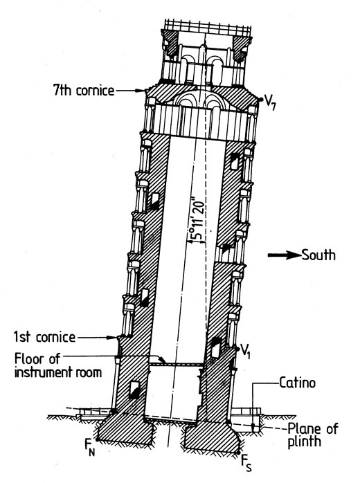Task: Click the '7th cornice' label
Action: point(84,90)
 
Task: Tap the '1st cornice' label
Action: point(44,337)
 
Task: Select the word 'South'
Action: point(318,255)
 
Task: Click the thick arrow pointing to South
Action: point(284,255)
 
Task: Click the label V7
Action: point(270,104)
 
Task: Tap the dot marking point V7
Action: point(261,99)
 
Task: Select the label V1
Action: point(245,351)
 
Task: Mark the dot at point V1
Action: point(237,348)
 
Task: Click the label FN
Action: point(90,447)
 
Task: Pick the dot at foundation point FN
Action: point(98,439)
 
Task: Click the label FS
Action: point(246,464)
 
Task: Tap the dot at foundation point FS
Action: point(238,452)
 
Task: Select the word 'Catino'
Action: point(298,383)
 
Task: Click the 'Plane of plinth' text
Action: point(312,435)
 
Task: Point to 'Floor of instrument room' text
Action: point(58,365)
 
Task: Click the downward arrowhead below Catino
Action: point(253,428)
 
